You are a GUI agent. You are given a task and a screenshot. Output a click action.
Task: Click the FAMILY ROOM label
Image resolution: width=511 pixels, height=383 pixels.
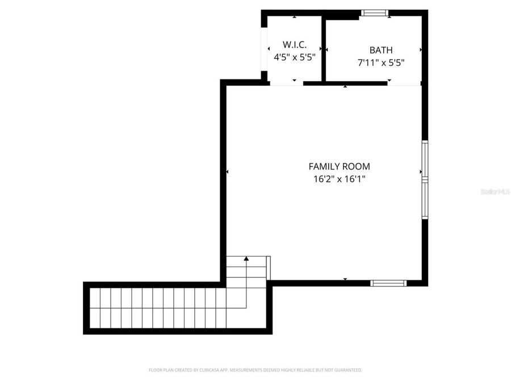pos(339,166)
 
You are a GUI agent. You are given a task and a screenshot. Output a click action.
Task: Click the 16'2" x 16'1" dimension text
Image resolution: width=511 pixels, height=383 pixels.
pos(339,179)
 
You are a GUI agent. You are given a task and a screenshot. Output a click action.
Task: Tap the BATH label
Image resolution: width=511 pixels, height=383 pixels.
pos(380,50)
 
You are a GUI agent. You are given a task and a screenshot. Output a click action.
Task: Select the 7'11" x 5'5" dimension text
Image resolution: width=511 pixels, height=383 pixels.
pos(380,63)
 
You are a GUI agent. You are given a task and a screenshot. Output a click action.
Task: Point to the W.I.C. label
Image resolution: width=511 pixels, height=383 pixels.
pos(295,44)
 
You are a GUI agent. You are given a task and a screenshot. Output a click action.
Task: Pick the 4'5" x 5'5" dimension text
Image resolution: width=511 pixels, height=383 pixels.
pos(295,57)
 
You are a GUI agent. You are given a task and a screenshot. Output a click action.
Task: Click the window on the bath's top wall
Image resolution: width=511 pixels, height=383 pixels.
pos(375,12)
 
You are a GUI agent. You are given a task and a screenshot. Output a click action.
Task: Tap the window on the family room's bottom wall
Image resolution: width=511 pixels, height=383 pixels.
pos(388,283)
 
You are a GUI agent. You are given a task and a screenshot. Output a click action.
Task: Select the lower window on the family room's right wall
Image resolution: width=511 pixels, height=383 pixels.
pos(425,197)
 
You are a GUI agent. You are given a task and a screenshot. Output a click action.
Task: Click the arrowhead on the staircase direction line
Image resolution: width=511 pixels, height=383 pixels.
pos(246,259)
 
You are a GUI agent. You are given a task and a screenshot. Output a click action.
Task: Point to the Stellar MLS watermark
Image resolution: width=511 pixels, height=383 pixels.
pos(495,192)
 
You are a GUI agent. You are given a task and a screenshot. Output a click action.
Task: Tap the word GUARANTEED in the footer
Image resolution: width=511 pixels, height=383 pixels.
pos(348,370)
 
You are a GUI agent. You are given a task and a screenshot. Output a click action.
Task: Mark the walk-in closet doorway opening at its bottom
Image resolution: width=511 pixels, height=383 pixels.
pos(286,83)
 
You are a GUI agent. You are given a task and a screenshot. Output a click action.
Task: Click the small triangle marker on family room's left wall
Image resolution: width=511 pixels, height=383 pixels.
pos(227,171)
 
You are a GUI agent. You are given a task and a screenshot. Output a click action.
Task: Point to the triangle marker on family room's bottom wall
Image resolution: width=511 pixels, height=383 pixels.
pos(345,279)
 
